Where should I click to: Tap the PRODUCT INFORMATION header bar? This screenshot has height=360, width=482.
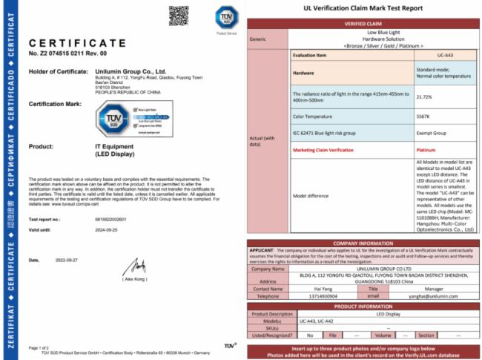pyautogui.click(x=363, y=304)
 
